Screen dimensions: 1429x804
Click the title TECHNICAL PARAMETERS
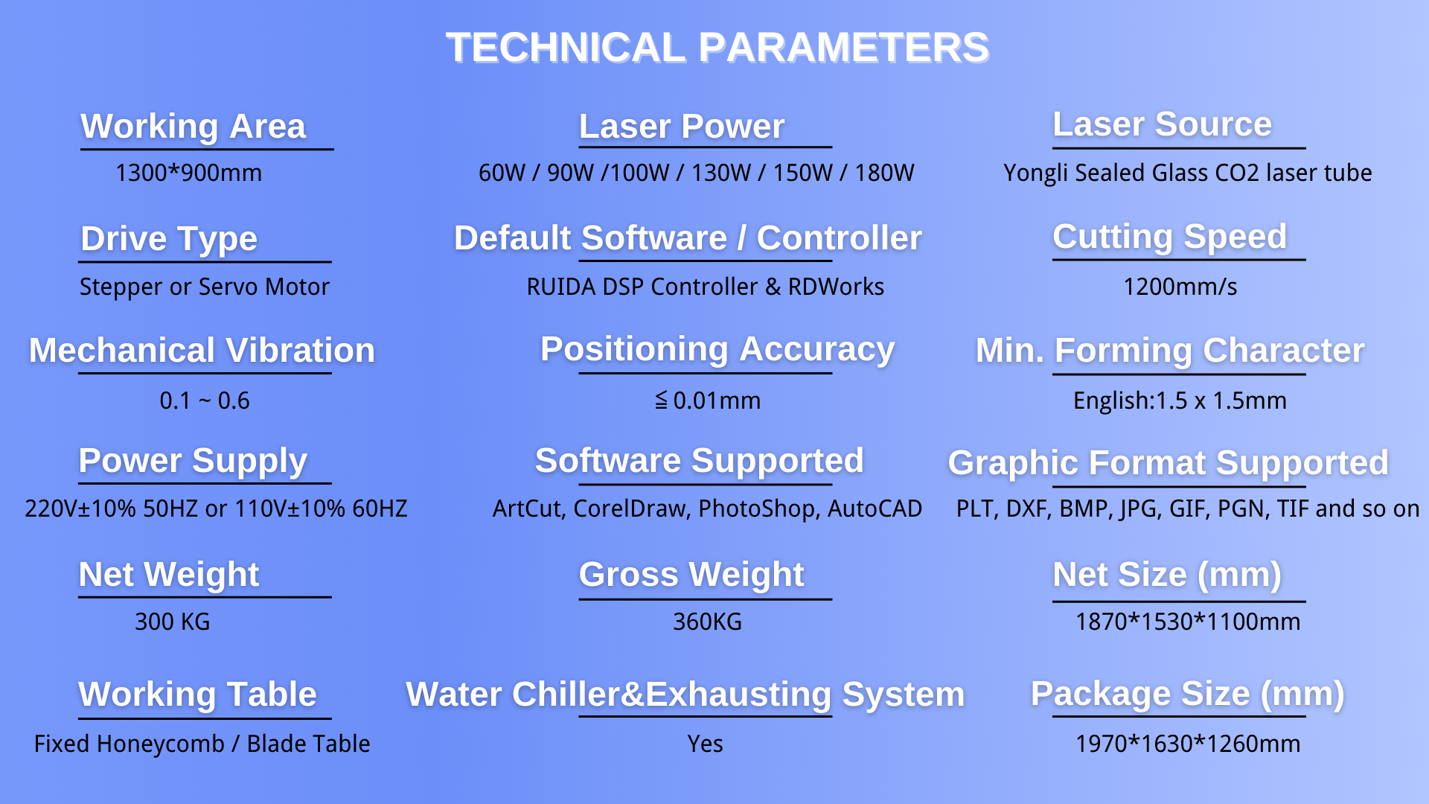(717, 48)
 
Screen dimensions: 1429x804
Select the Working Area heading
(194, 127)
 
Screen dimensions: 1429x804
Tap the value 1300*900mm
(188, 173)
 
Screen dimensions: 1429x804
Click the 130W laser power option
(720, 173)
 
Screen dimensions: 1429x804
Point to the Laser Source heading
(1162, 124)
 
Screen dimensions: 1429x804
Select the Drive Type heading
(169, 239)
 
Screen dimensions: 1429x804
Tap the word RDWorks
(836, 287)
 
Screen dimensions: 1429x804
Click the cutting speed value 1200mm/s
(1180, 287)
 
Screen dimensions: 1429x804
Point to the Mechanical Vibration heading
(202, 351)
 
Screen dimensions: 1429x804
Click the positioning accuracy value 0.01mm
(717, 401)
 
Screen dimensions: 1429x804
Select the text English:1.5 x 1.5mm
(1180, 401)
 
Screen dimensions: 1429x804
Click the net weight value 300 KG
(173, 622)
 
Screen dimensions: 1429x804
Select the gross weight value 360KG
(707, 622)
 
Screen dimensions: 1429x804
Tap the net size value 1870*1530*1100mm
(1188, 622)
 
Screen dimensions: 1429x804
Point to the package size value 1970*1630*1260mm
(1188, 744)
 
